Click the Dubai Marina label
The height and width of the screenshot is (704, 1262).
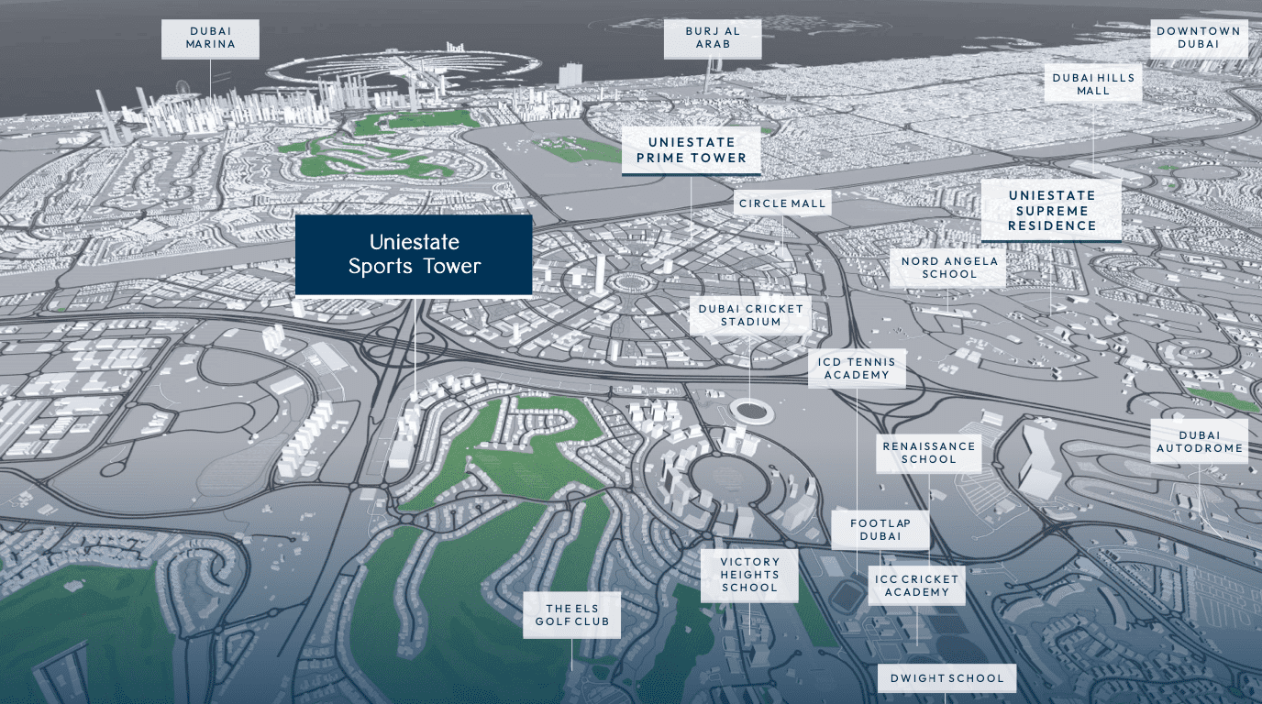tap(210, 38)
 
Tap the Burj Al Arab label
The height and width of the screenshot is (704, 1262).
tap(713, 38)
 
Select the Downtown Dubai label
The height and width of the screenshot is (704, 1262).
tap(1199, 38)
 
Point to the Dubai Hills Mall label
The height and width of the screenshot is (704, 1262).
tap(1093, 84)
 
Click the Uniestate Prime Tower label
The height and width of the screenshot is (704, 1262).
tap(691, 150)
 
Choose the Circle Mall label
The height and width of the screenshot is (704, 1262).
tap(782, 203)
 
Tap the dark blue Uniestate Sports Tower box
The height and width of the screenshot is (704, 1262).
tap(414, 255)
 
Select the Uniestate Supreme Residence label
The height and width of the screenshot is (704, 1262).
tap(1051, 210)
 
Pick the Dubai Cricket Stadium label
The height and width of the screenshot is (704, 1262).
tap(750, 315)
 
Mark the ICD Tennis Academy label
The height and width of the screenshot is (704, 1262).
tap(857, 368)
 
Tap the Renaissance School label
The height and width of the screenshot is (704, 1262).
tap(929, 453)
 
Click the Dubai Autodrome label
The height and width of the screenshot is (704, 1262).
tap(1200, 442)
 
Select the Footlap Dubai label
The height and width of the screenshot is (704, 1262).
tap(880, 530)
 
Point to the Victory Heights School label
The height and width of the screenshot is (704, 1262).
tap(749, 575)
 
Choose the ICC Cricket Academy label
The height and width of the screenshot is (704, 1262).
tap(916, 586)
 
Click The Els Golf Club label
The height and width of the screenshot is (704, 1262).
tap(571, 614)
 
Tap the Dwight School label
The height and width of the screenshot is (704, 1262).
tap(946, 679)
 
